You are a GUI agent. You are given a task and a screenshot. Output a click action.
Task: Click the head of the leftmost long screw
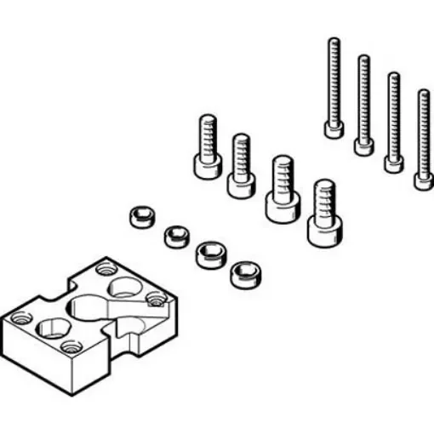click(x=334, y=129)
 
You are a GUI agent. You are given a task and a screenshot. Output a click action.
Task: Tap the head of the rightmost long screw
click(x=423, y=180)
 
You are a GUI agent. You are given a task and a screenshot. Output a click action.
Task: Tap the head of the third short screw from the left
click(x=282, y=205)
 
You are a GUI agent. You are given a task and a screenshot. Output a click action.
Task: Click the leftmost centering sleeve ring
click(x=140, y=216)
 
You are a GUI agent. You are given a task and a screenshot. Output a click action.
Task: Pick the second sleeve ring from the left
click(x=175, y=235)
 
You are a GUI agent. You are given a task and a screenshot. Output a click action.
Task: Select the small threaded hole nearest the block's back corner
click(x=106, y=269)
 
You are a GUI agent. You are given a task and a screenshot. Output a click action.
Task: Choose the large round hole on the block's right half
click(x=125, y=288)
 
